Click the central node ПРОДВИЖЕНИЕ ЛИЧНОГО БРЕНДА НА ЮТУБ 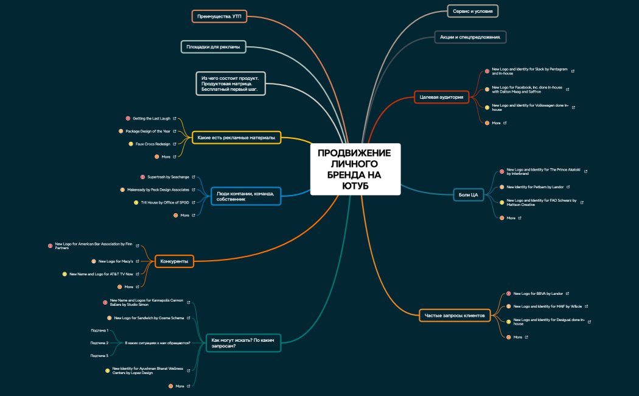pyautogui.click(x=355, y=169)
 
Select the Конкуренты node pyautogui.click(x=174, y=261)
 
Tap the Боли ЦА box pyautogui.click(x=467, y=194)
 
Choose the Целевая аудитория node pyautogui.click(x=442, y=97)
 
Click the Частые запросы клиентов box pyautogui.click(x=455, y=315)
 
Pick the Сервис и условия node pyautogui.click(x=472, y=11)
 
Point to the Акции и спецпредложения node pyautogui.click(x=470, y=37)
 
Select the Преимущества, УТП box pyautogui.click(x=219, y=16)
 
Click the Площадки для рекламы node pyautogui.click(x=213, y=46)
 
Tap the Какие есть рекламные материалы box pyautogui.click(x=236, y=138)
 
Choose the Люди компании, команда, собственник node pyautogui.click(x=245, y=196)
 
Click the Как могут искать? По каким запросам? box pyautogui.click(x=243, y=343)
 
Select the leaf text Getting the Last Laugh pyautogui.click(x=152, y=118)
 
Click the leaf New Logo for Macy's pyautogui.click(x=116, y=261)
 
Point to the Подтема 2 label pyautogui.click(x=99, y=343)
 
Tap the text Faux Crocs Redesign pyautogui.click(x=153, y=144)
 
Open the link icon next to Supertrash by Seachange pyautogui.click(x=194, y=177)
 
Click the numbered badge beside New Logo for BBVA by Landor pyautogui.click(x=508, y=294)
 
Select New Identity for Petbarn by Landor pyautogui.click(x=537, y=187)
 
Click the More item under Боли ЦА pyautogui.click(x=511, y=217)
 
